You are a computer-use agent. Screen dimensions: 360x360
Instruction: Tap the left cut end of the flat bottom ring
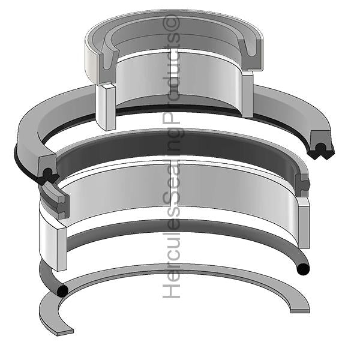coord(60,329)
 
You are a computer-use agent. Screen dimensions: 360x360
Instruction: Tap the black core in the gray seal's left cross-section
coord(47,174)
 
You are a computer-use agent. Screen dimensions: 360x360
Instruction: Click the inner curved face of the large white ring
coord(180,192)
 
